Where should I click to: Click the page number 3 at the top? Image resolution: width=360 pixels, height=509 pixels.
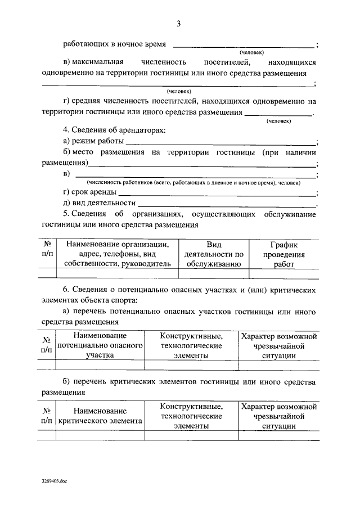tap(178, 23)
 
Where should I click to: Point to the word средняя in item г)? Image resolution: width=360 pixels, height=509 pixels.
tap(90, 101)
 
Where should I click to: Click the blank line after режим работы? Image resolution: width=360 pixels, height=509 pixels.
tap(220, 143)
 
